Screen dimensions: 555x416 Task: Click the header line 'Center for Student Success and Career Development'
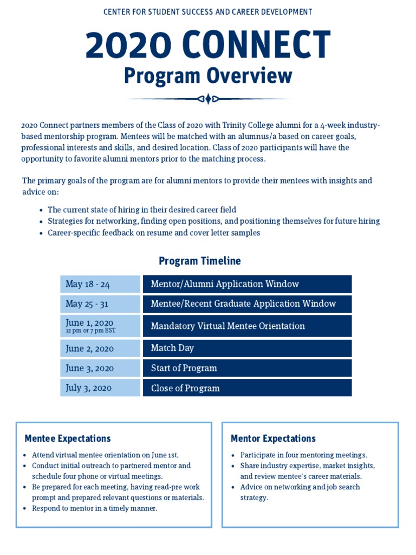207,11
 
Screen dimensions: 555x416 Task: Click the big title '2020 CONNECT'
207,45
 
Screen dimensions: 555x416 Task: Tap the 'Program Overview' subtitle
207,76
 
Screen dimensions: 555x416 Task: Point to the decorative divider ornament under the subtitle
208,99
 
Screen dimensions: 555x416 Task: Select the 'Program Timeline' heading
199,261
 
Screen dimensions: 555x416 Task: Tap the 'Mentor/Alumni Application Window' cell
247,284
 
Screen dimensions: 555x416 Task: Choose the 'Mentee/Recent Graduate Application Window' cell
247,304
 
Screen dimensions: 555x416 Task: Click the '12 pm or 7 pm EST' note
90,331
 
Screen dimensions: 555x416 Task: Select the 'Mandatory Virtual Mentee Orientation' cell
247,326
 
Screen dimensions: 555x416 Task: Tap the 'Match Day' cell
247,349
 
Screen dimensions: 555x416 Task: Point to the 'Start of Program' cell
247,368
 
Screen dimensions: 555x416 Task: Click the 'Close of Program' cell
247,388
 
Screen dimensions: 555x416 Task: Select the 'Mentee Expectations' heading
68,438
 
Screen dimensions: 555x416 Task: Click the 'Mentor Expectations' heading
273,438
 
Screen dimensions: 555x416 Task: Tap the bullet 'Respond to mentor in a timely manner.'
95,508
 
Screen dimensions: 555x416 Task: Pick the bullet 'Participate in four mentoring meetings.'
303,455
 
